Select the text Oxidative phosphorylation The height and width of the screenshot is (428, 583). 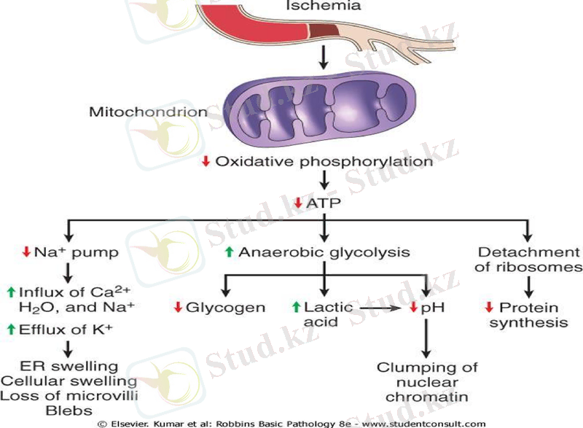(x=324, y=161)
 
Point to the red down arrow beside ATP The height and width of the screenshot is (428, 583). (x=298, y=203)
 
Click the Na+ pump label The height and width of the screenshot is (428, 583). (x=74, y=252)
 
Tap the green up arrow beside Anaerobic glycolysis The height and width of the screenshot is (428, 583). (x=230, y=252)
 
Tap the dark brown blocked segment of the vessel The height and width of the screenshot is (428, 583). (x=324, y=30)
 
